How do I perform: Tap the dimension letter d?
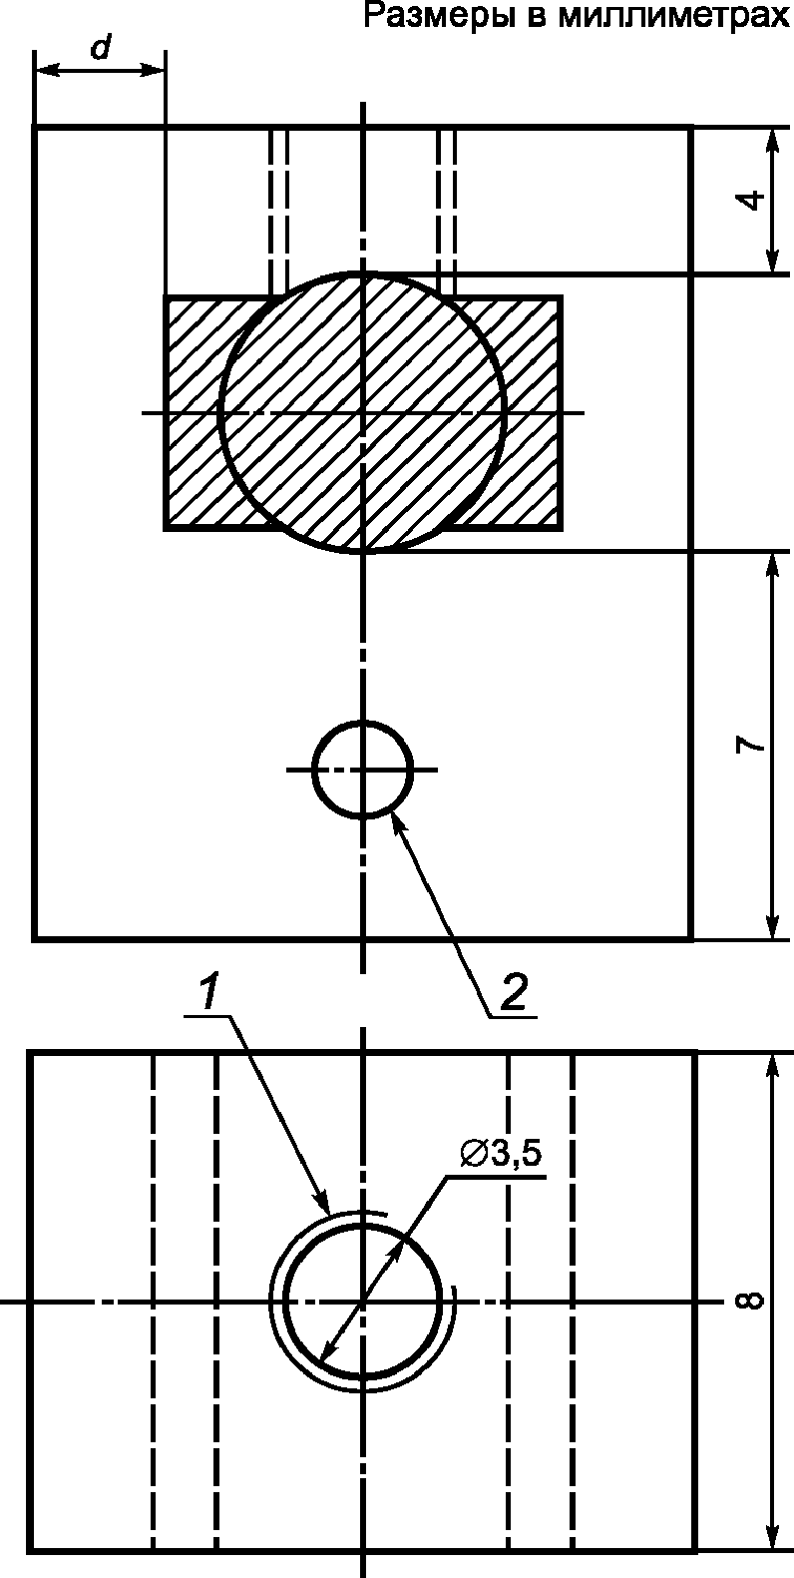coord(102,48)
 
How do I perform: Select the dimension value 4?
coord(752,200)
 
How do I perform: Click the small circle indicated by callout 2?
coord(363,770)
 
